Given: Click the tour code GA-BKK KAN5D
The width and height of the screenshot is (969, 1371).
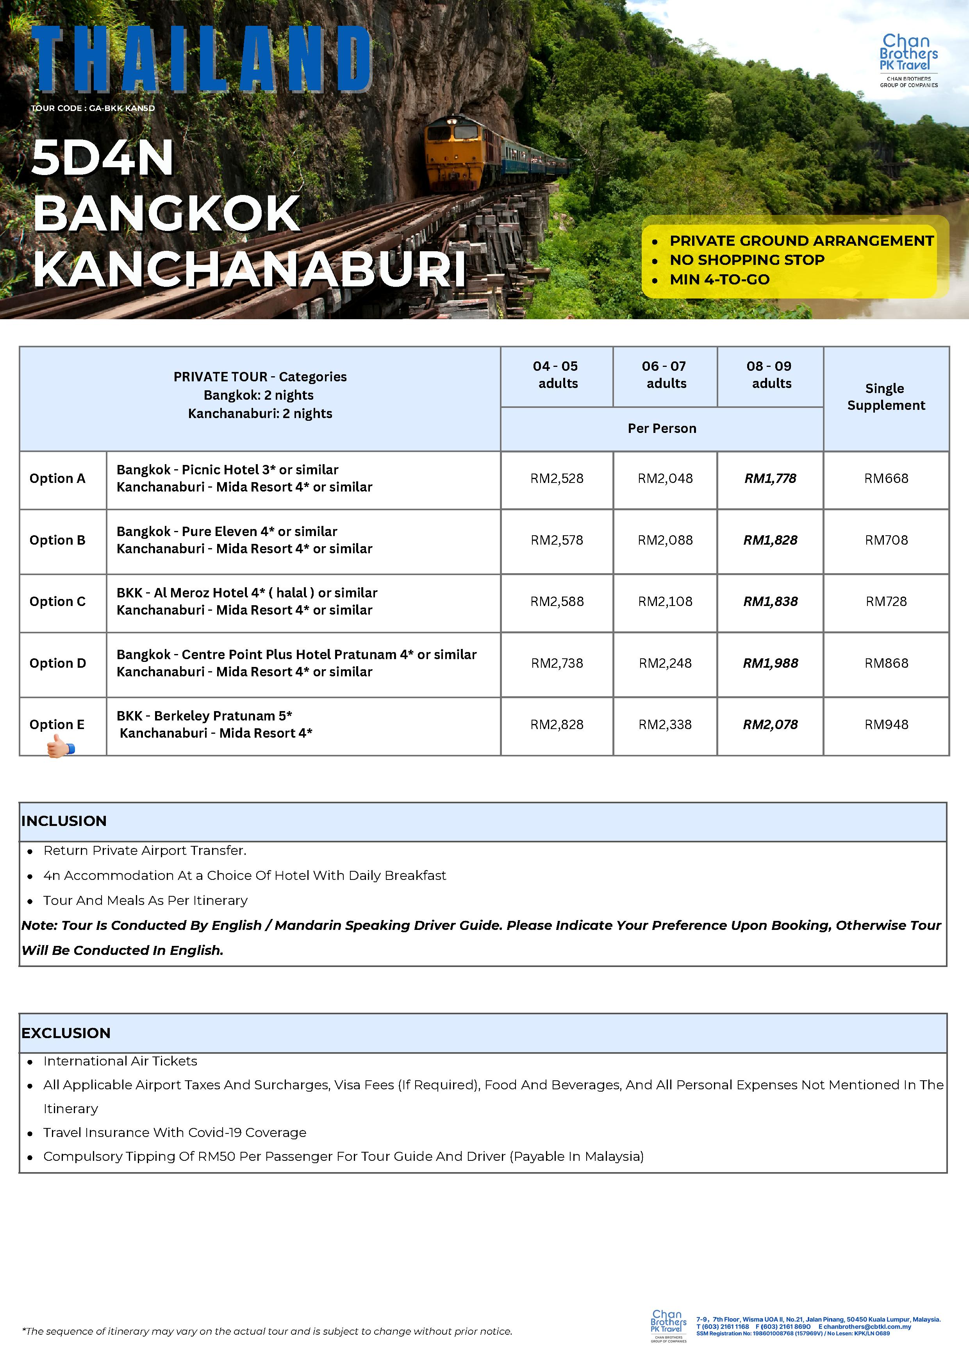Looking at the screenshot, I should point(93,108).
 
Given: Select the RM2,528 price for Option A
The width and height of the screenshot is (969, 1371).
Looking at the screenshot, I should point(557,478).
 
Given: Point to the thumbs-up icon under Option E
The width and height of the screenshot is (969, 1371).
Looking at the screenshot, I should point(60,746).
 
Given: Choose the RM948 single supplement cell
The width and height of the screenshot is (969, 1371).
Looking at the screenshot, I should point(886,724).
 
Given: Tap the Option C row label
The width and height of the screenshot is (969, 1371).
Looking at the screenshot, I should point(57,601).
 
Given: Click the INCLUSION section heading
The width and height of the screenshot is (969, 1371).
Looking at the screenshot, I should point(64,821).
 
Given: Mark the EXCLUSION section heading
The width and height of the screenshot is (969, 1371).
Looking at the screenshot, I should point(66,1033).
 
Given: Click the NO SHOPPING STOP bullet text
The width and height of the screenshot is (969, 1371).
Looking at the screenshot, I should point(746,260).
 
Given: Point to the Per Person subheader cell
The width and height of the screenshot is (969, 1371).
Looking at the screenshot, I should point(662,428).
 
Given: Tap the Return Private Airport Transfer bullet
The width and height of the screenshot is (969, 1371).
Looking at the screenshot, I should point(145,850).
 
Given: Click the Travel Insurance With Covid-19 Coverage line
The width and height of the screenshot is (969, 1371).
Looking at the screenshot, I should point(174,1132).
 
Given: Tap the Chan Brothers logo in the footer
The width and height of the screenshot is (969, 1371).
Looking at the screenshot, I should point(668,1326).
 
